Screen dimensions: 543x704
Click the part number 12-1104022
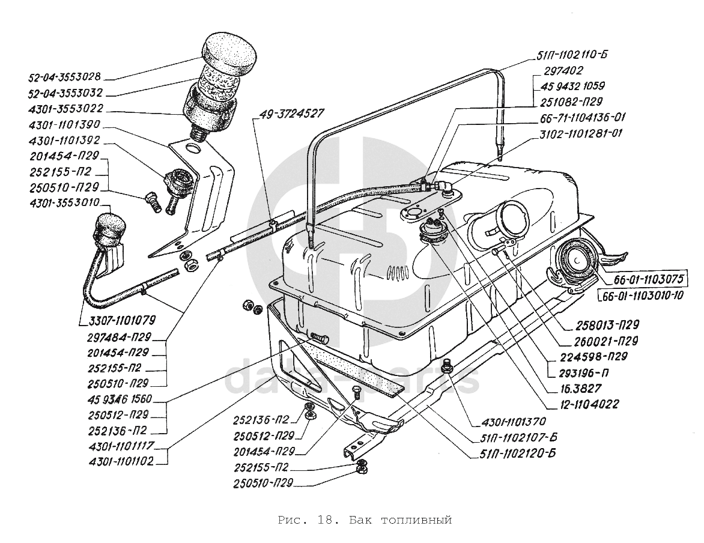[x=582, y=404]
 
